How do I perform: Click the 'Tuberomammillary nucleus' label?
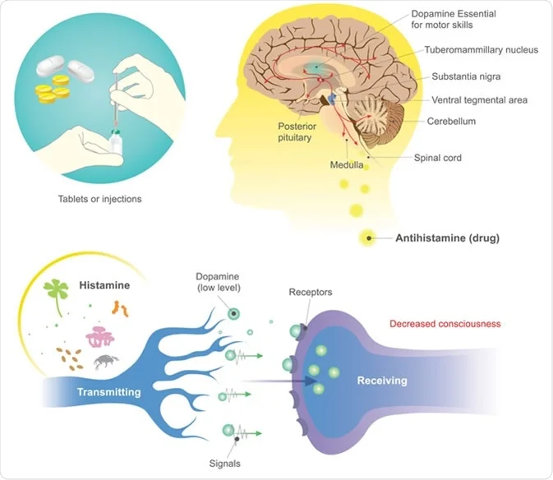(x=481, y=50)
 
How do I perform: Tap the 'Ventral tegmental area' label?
(x=480, y=100)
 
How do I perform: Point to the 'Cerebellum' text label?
(x=451, y=121)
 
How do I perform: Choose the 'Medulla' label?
(x=345, y=164)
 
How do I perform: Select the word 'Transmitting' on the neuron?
(x=108, y=392)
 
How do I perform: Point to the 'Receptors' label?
(x=311, y=293)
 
